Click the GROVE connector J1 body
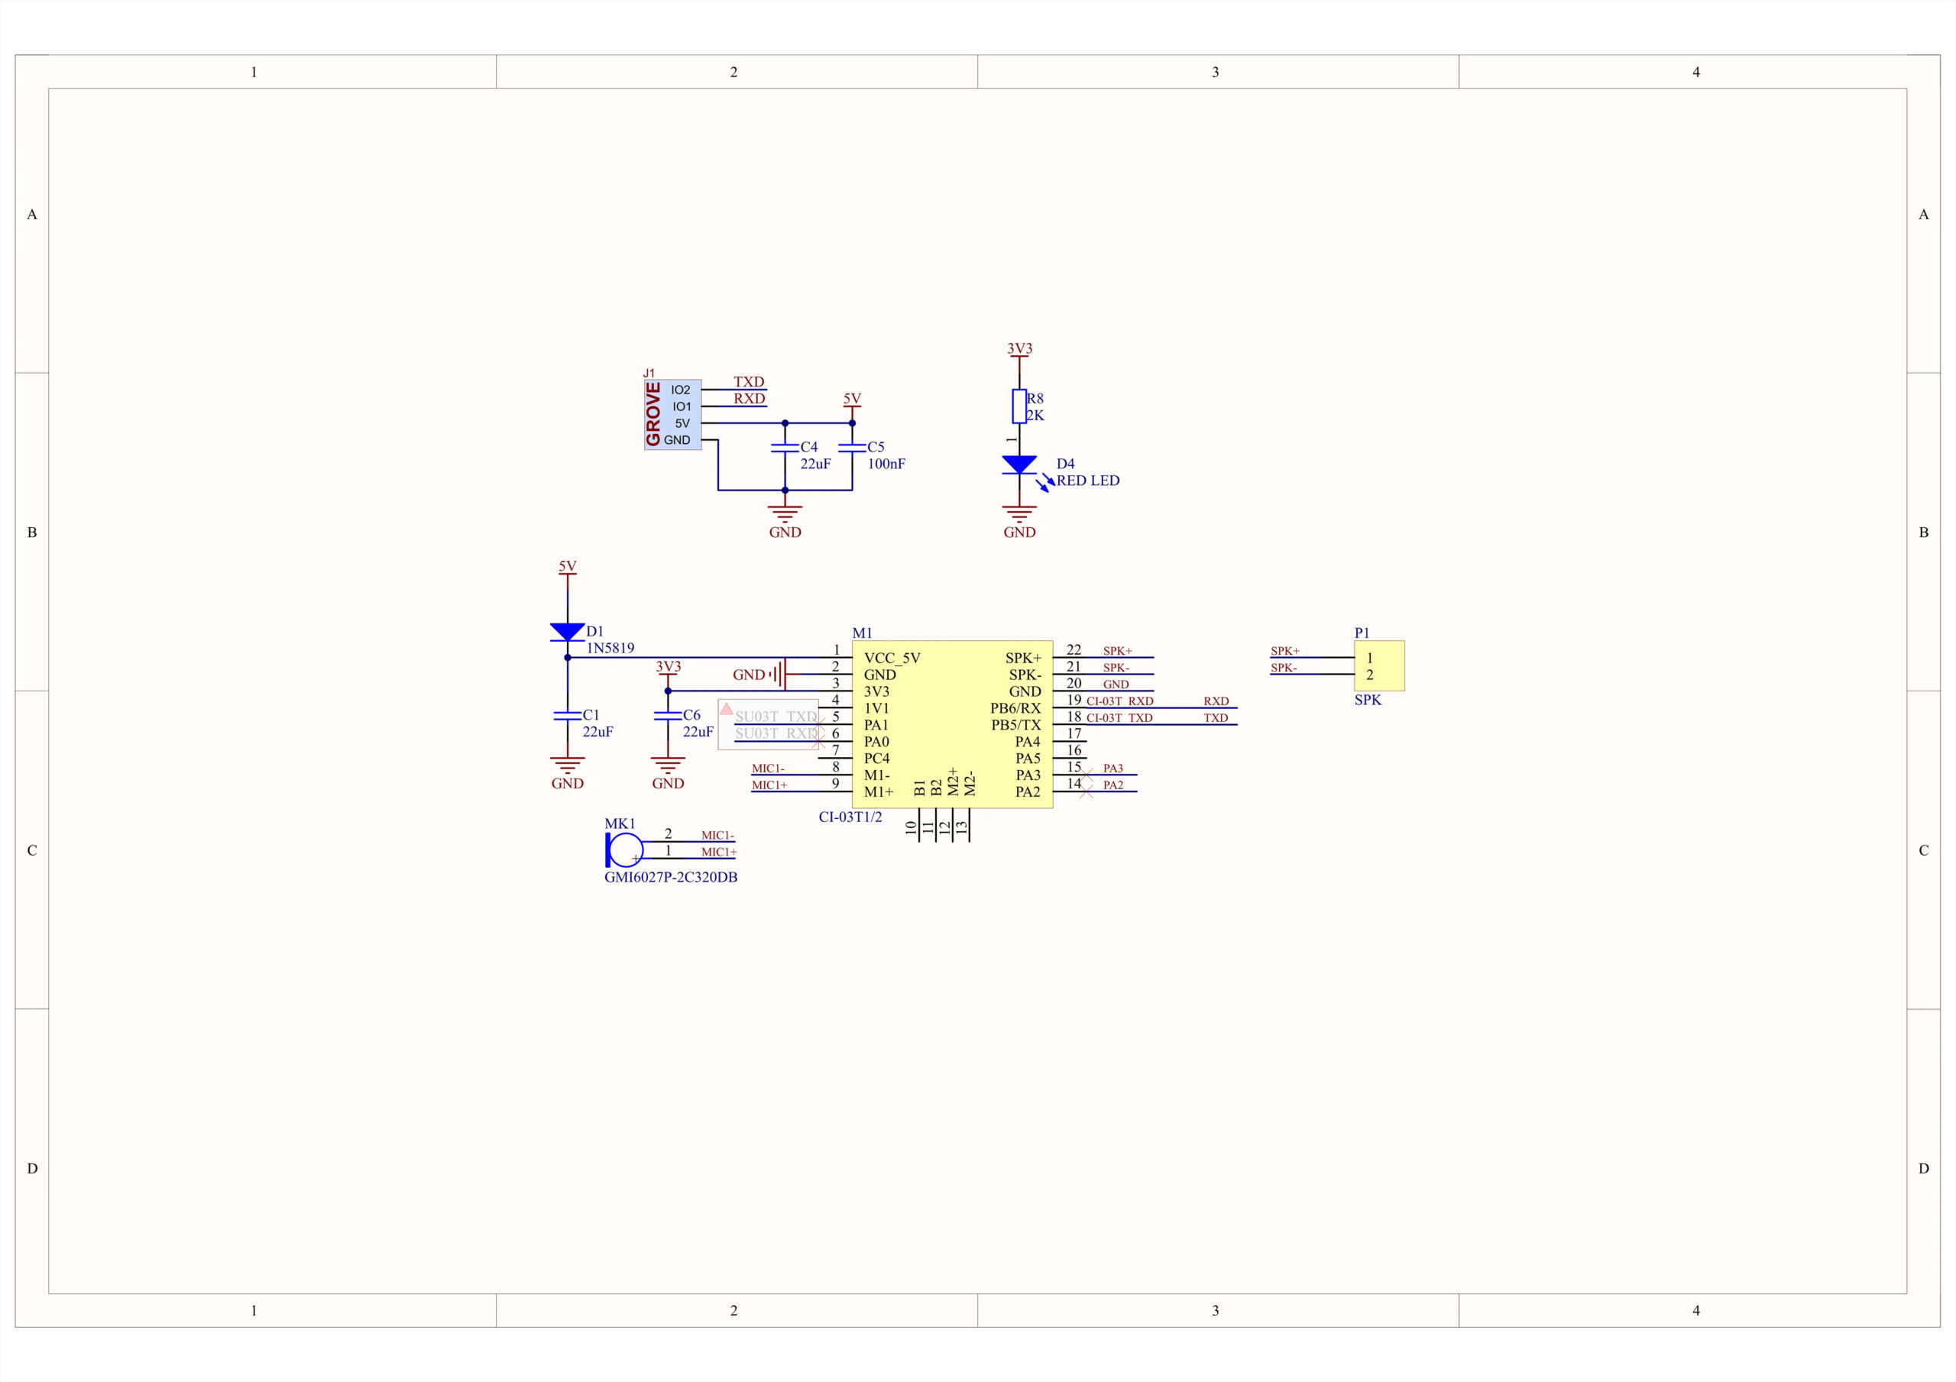coord(672,414)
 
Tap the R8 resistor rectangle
coord(1019,406)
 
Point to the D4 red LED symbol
coord(1020,465)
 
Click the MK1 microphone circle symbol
coord(627,850)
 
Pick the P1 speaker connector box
coord(1379,665)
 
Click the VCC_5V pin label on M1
coord(892,658)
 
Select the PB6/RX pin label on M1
coord(1015,708)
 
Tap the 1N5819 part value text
coord(610,649)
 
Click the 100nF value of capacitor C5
coord(886,464)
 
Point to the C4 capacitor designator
coord(808,446)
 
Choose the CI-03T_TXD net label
coord(1119,718)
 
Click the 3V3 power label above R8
coord(1020,348)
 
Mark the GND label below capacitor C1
coord(568,783)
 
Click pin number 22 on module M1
coord(1074,650)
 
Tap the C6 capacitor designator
coord(691,715)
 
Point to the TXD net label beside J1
coord(749,382)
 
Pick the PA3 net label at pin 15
coord(1112,769)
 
